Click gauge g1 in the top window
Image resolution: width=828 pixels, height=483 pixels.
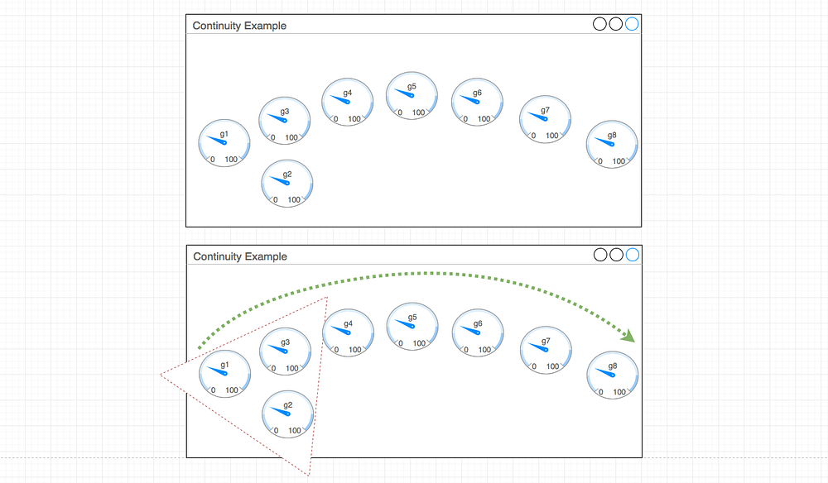click(224, 143)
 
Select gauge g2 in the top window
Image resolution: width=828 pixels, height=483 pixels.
click(287, 184)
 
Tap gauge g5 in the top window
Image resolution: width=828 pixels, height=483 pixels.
click(412, 96)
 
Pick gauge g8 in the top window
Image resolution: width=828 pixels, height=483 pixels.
click(612, 145)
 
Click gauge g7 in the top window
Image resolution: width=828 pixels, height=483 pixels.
click(545, 119)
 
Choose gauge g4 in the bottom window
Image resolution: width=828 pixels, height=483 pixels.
click(348, 332)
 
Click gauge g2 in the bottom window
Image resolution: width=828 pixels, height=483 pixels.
click(288, 414)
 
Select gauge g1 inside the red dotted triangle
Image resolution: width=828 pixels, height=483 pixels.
click(224, 374)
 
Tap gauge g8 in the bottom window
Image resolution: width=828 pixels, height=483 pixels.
click(613, 375)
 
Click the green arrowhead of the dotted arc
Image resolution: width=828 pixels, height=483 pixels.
click(629, 335)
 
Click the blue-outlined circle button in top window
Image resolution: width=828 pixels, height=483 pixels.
click(632, 24)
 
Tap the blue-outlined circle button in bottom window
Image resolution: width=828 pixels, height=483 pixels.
click(633, 255)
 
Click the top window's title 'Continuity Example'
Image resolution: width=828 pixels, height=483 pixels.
click(239, 26)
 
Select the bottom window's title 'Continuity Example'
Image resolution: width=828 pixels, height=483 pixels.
click(240, 256)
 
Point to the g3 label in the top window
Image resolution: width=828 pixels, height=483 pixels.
click(285, 111)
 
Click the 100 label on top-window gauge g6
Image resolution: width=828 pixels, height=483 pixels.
click(484, 119)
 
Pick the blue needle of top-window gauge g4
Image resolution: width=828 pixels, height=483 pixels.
click(339, 100)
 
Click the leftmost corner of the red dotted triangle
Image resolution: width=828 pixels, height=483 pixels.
click(161, 375)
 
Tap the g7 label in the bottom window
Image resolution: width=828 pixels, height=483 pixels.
click(546, 342)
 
